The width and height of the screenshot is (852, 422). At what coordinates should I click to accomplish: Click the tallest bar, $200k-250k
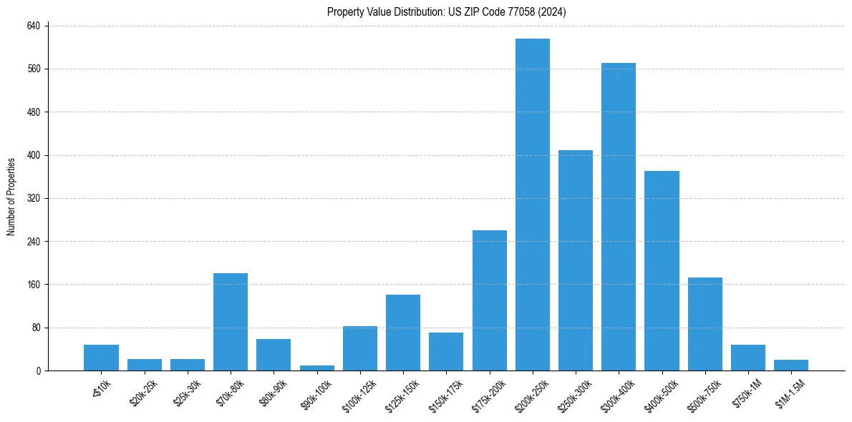(x=533, y=205)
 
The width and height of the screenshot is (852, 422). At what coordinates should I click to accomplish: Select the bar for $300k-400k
(x=619, y=217)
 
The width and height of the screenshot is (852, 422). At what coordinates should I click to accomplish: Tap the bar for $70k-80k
(x=231, y=322)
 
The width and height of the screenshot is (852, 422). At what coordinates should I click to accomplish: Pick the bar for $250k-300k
(x=576, y=260)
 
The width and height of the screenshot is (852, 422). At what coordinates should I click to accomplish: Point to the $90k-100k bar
(x=317, y=368)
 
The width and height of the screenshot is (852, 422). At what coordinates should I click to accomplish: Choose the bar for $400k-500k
(x=662, y=270)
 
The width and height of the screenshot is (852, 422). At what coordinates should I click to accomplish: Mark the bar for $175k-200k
(x=490, y=300)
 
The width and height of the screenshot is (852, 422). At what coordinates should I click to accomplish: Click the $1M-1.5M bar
(x=791, y=365)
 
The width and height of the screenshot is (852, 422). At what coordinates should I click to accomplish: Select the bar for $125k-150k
(x=403, y=333)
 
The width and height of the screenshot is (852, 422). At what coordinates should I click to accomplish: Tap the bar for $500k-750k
(x=705, y=324)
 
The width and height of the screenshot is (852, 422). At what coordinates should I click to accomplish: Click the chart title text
(x=447, y=12)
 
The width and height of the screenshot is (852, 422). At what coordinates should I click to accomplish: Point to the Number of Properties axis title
(x=11, y=197)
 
